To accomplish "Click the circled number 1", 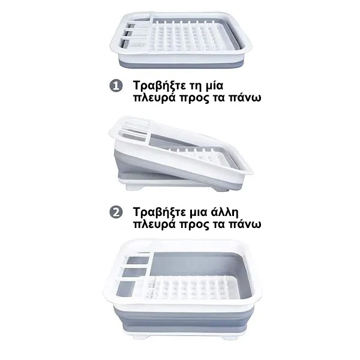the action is [x=116, y=86].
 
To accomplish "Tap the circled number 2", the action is [x=116, y=212].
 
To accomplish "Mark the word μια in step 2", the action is [x=198, y=213].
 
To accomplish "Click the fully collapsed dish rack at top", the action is [x=181, y=41].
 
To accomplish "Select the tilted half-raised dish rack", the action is [x=181, y=154].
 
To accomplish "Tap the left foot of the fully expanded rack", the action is [x=139, y=337].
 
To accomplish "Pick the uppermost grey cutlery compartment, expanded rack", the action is [x=138, y=260].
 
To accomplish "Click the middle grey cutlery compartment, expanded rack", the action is [x=135, y=272].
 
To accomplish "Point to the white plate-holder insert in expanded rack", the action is [x=191, y=287].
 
